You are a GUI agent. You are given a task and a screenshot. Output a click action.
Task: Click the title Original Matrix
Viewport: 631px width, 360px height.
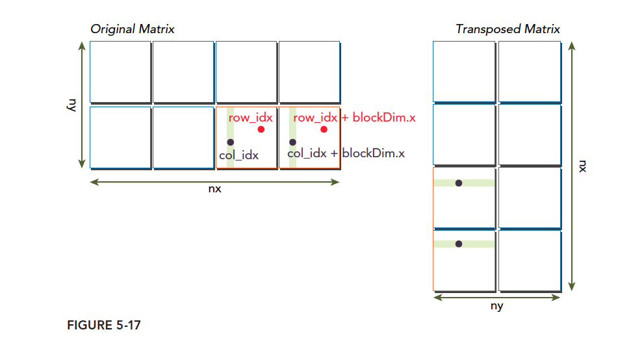pyautogui.click(x=133, y=29)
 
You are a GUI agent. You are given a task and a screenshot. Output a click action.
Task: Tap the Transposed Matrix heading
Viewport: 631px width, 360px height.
pyautogui.click(x=508, y=29)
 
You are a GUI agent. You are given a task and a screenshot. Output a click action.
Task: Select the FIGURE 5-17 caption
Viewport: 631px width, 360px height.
pyautogui.click(x=104, y=326)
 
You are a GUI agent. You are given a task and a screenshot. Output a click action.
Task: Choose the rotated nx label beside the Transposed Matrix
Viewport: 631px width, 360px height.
pyautogui.click(x=582, y=166)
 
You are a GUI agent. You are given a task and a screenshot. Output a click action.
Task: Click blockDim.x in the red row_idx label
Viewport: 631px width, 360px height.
pyautogui.click(x=383, y=118)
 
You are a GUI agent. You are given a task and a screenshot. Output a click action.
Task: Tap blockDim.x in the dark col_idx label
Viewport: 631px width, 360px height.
pyautogui.click(x=373, y=153)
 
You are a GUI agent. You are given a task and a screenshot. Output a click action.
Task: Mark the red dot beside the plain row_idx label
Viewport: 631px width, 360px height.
pyautogui.click(x=261, y=129)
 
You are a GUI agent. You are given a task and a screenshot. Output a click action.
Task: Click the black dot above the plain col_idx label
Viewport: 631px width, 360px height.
pyautogui.click(x=230, y=142)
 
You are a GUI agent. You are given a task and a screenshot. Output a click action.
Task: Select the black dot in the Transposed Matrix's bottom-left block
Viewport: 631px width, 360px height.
pyautogui.click(x=459, y=244)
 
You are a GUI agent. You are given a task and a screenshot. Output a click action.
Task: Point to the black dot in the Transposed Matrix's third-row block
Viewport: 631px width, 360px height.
pyautogui.click(x=459, y=183)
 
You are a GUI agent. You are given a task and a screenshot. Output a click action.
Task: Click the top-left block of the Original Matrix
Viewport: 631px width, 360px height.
pyautogui.click(x=120, y=71)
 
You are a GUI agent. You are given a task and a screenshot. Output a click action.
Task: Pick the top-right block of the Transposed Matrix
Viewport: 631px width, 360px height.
pyautogui.click(x=529, y=71)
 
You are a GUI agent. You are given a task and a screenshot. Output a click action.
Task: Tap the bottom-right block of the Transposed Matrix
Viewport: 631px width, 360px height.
pyautogui.click(x=529, y=260)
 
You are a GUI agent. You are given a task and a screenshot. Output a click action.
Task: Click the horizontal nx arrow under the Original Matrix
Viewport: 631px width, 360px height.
pyautogui.click(x=214, y=183)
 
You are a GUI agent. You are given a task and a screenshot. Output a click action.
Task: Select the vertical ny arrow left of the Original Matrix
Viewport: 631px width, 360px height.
pyautogui.click(x=82, y=105)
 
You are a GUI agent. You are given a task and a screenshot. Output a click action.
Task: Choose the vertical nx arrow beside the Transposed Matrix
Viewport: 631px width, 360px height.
pyautogui.click(x=572, y=166)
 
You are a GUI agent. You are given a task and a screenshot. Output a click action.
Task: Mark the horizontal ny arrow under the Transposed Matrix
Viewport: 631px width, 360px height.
pyautogui.click(x=496, y=297)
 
